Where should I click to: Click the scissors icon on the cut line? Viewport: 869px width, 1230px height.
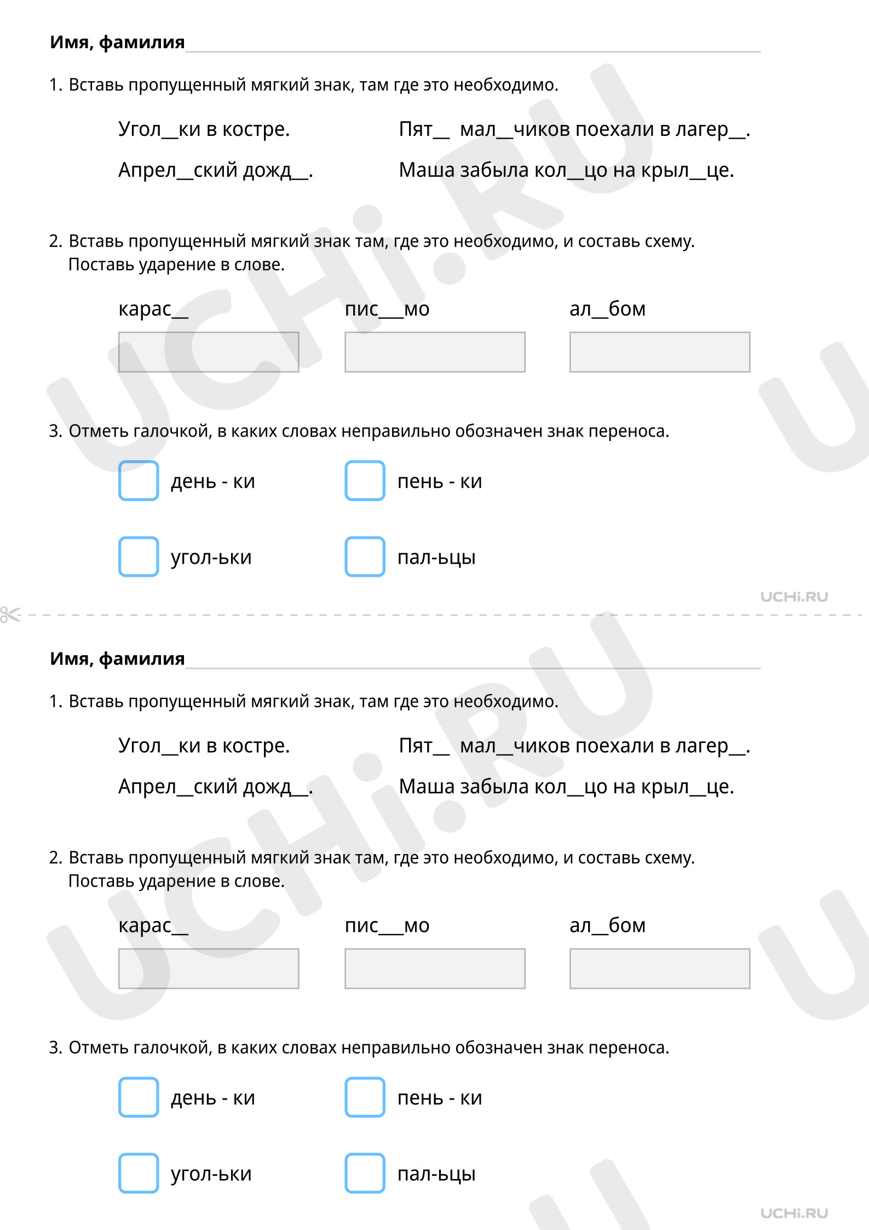pos(10,614)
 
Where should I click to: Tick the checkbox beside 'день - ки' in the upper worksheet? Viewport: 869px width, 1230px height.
pos(139,480)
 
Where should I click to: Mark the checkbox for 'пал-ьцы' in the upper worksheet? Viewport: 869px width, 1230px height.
pos(365,556)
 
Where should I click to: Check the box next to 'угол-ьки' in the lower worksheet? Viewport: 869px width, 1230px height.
pos(139,1172)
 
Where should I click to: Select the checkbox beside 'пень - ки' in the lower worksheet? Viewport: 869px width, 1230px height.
pos(365,1097)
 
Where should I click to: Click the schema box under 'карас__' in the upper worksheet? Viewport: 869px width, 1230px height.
pos(209,352)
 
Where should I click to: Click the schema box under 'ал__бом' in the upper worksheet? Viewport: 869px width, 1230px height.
pos(659,352)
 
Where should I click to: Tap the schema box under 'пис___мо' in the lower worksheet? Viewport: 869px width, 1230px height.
pos(435,968)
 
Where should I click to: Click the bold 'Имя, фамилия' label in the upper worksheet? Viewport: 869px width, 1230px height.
pos(117,42)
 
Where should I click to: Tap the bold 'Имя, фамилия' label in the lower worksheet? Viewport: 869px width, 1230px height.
pos(117,659)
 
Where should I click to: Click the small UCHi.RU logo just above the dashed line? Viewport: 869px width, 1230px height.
pos(794,597)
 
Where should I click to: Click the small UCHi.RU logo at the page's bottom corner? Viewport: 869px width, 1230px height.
pos(794,1213)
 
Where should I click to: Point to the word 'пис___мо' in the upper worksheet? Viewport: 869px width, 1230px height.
pos(387,309)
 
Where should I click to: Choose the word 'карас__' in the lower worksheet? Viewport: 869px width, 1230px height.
pos(153,926)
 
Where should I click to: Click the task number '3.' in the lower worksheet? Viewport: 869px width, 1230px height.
pos(55,1048)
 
